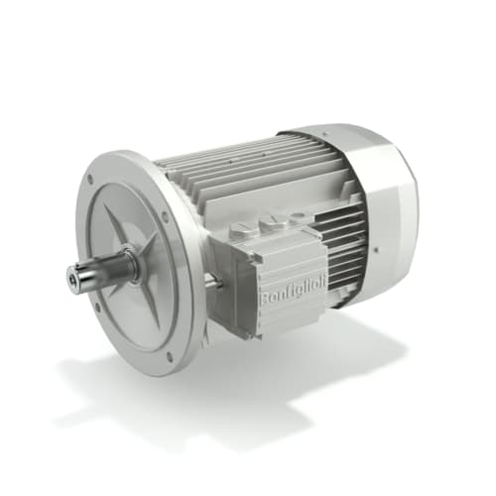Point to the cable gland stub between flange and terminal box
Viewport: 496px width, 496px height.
tap(211, 282)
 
